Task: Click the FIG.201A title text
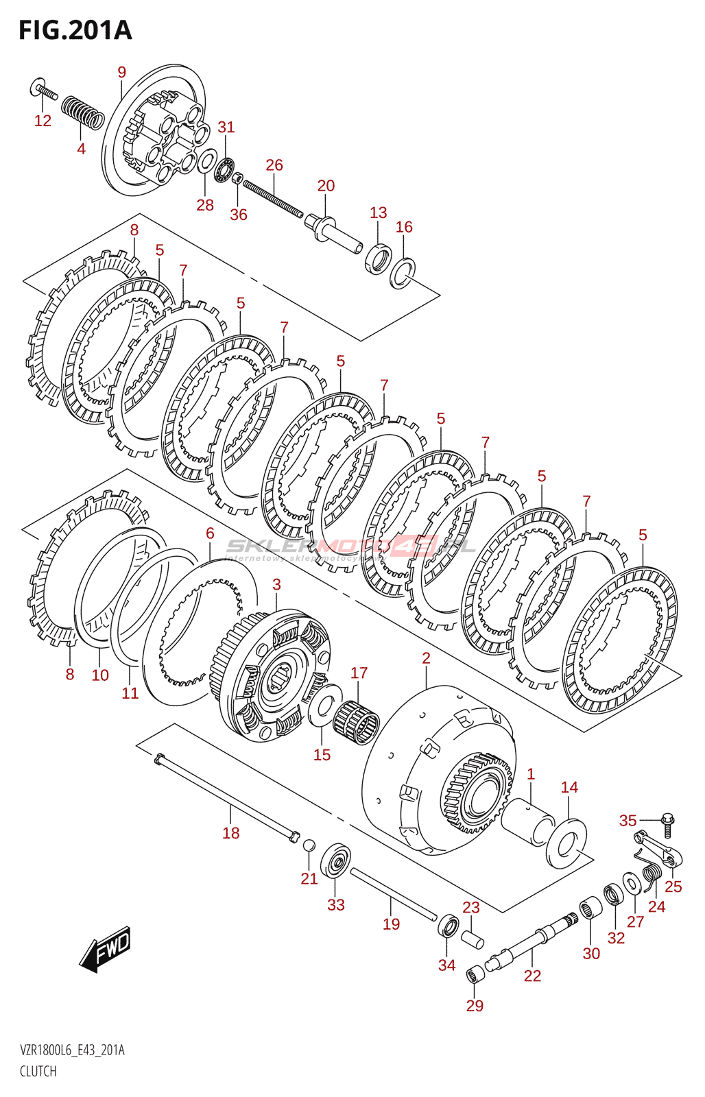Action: pos(75,31)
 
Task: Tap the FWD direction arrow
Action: pos(105,950)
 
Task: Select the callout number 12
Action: pos(43,121)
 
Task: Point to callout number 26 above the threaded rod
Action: pos(274,165)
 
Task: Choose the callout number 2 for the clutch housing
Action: pos(426,659)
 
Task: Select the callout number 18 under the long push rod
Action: pos(231,833)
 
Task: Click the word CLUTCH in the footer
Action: pos(38,1071)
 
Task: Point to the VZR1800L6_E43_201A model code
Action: pos(72,1050)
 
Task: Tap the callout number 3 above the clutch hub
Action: pos(276,585)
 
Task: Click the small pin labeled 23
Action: pos(472,938)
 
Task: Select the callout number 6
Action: pos(210,533)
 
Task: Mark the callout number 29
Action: pos(475,1006)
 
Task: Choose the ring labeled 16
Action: pos(403,274)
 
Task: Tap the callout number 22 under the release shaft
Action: pos(532,976)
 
